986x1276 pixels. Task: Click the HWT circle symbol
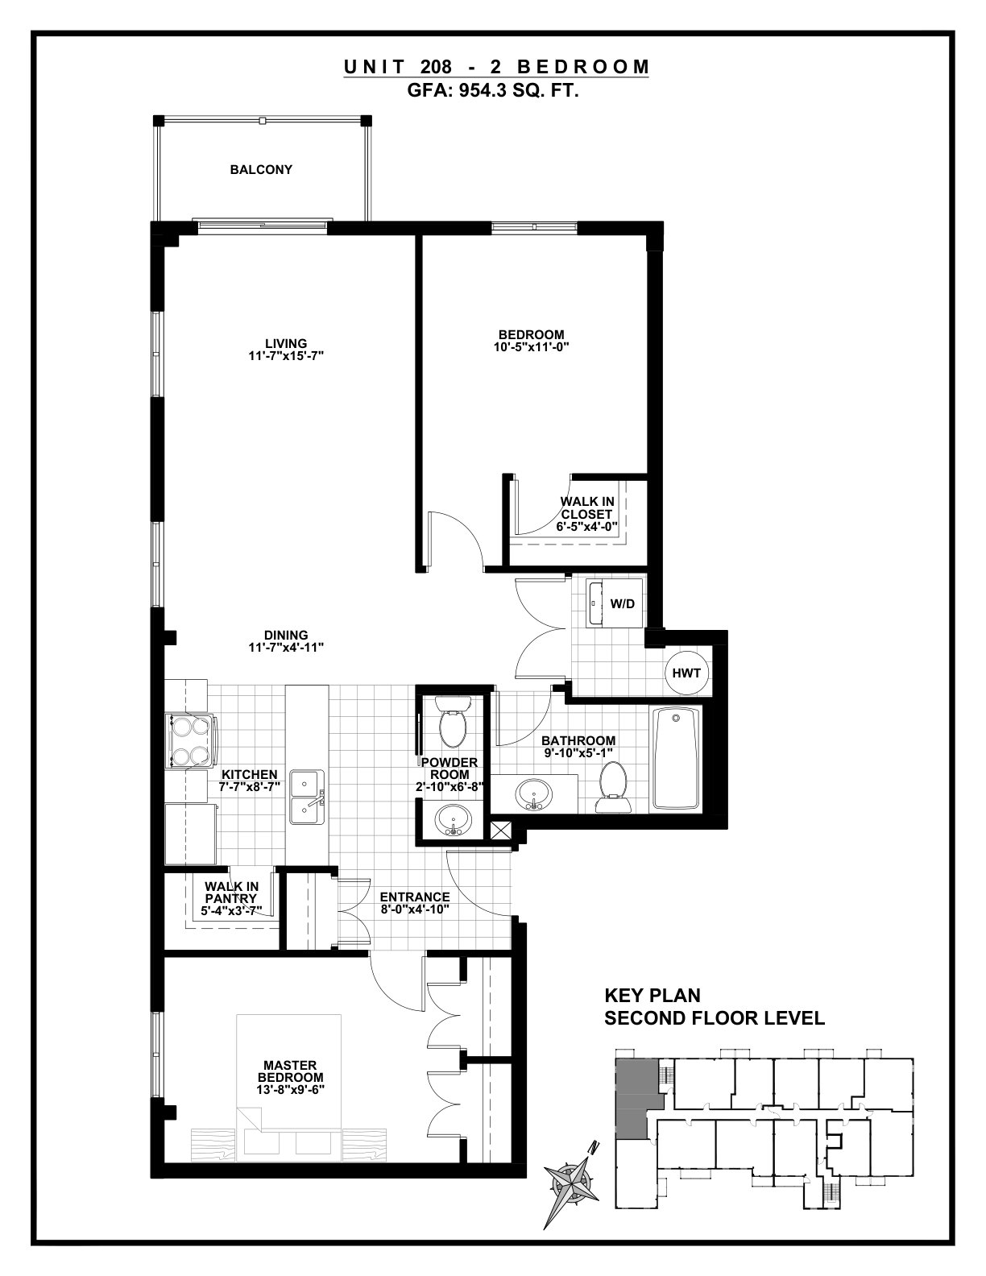(x=686, y=673)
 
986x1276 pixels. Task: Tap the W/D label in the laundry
(x=623, y=603)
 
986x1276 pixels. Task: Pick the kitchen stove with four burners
(x=189, y=740)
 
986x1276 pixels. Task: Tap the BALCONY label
(x=261, y=170)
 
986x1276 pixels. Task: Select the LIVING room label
(x=286, y=343)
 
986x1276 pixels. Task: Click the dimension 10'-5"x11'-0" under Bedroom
(x=532, y=346)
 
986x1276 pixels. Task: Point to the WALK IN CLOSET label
(x=586, y=508)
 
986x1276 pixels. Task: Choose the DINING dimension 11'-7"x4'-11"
(x=286, y=647)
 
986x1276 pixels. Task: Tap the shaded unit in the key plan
(x=636, y=1101)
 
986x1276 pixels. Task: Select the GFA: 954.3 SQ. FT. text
(x=493, y=92)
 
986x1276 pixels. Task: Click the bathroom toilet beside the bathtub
(x=615, y=787)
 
